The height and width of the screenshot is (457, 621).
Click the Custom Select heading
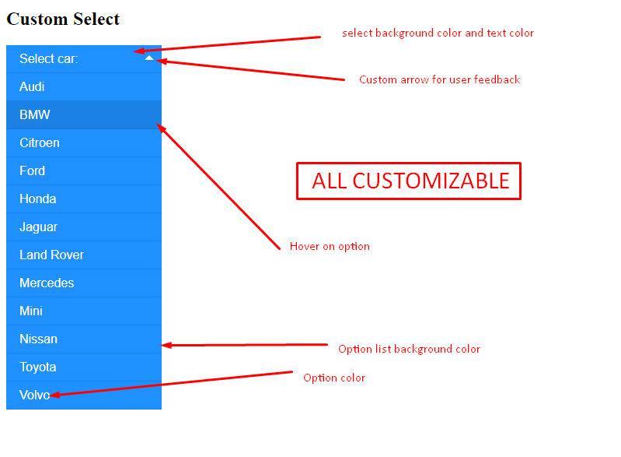pyautogui.click(x=63, y=19)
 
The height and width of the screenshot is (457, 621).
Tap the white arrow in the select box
pyautogui.click(x=149, y=58)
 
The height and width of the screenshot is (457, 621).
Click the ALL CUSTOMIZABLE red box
pyautogui.click(x=408, y=181)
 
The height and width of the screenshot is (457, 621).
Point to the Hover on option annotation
pyautogui.click(x=330, y=246)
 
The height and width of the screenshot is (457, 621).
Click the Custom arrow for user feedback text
pyautogui.click(x=439, y=79)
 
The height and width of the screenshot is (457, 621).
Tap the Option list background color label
pyautogui.click(x=409, y=349)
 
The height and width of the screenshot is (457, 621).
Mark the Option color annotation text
pyautogui.click(x=334, y=378)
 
